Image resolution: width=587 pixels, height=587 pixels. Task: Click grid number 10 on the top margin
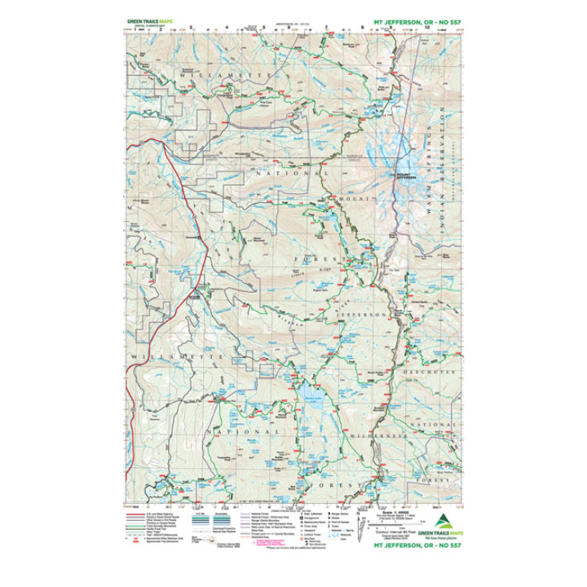[427, 27]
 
